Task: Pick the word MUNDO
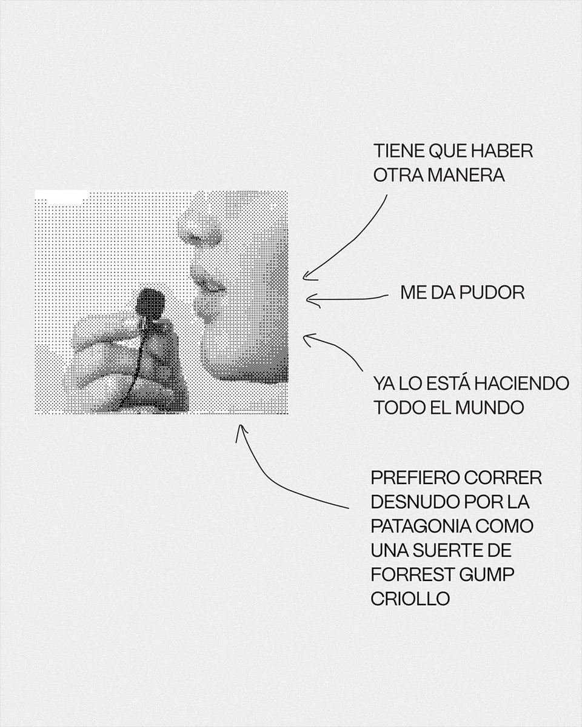point(489,408)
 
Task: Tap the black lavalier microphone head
point(150,301)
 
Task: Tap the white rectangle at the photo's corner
point(62,197)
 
